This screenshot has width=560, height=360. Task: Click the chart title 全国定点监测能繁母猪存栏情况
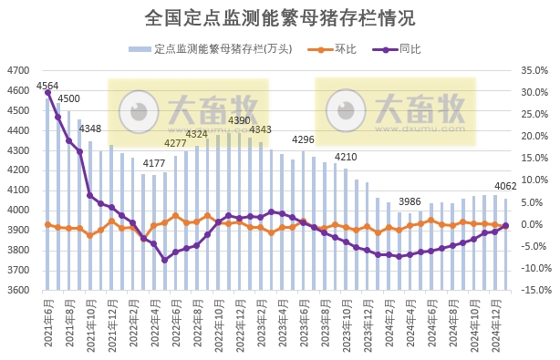point(280,18)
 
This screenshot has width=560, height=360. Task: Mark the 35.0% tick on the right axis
point(531,70)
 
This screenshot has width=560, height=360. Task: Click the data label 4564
point(47,86)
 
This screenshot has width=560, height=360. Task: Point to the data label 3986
point(410,201)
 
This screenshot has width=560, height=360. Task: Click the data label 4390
point(239,120)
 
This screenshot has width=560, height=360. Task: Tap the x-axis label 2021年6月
point(47,317)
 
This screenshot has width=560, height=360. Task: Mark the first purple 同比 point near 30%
point(47,93)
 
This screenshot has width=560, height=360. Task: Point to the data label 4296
point(303,139)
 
